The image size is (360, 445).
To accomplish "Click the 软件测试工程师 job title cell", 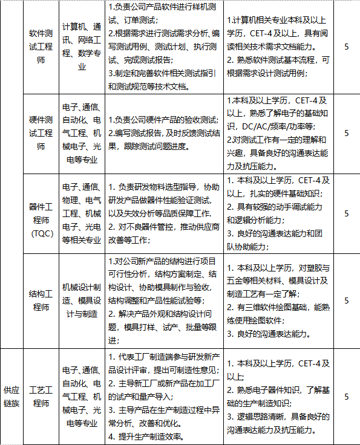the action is (x=41, y=47).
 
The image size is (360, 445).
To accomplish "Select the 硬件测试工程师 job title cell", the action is (x=41, y=132).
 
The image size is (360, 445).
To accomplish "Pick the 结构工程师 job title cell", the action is (x=41, y=300).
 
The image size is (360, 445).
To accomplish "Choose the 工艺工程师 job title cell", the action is (x=41, y=397).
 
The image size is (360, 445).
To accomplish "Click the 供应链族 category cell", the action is (x=11, y=397).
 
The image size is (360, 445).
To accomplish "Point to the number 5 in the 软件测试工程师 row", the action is (x=346, y=47).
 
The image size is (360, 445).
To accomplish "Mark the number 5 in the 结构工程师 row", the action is (x=346, y=300).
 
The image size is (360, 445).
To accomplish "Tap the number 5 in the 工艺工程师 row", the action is (x=346, y=397).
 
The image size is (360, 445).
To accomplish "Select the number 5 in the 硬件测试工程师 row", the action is (x=346, y=132).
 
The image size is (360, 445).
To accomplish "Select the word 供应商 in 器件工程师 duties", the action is (x=206, y=227).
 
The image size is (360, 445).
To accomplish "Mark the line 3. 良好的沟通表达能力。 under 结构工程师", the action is (x=270, y=333).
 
